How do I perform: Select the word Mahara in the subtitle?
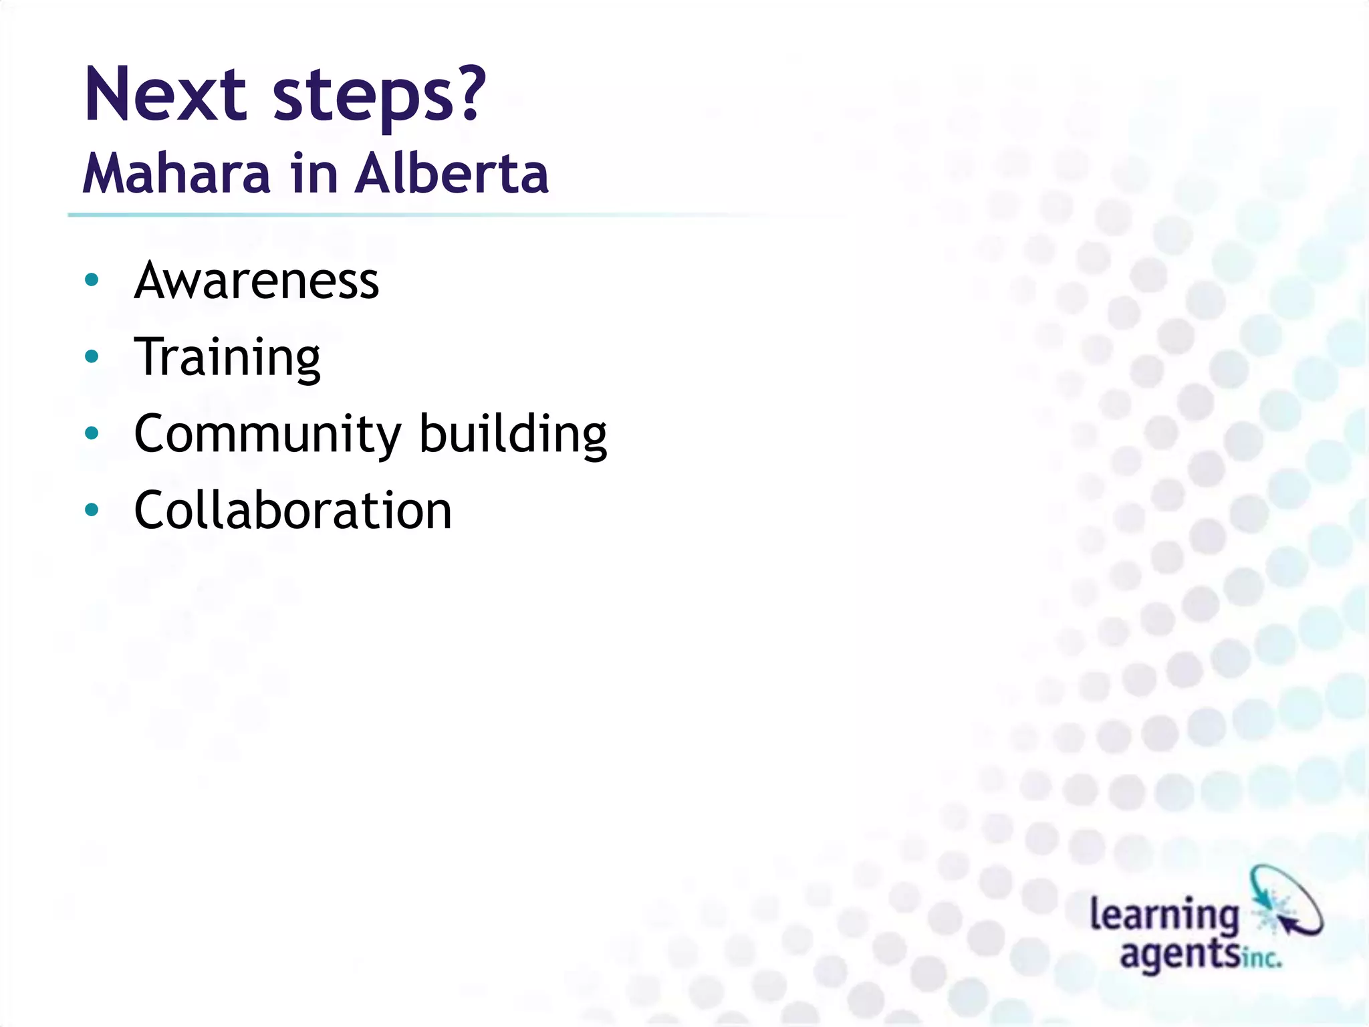pos(176,174)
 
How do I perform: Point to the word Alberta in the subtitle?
pos(451,174)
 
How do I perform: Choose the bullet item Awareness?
pos(257,281)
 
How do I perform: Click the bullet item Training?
pos(227,358)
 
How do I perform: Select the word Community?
pos(267,435)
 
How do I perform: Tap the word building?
pos(513,435)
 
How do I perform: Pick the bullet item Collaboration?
pos(293,511)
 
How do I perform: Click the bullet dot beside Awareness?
pos(92,280)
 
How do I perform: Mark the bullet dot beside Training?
pos(92,357)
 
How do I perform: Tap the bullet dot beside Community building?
pos(92,433)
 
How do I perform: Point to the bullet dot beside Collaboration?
pos(92,510)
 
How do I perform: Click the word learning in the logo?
pos(1164,916)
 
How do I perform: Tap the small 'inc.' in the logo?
pos(1263,959)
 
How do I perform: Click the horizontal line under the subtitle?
pos(401,215)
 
